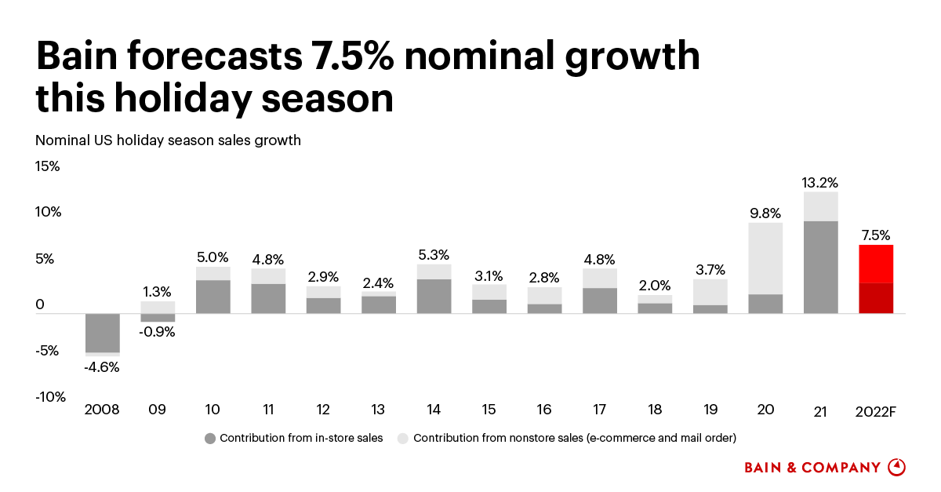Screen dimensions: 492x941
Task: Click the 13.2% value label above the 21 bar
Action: [820, 183]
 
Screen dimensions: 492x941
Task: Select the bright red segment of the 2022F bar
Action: [876, 264]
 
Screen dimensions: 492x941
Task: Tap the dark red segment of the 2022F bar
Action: [876, 298]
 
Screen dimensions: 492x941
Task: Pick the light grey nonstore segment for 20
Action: [765, 258]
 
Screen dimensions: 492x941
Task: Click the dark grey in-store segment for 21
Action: [820, 268]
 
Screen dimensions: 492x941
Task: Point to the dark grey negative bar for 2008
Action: [103, 333]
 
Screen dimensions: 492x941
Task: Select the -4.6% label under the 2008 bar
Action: [103, 366]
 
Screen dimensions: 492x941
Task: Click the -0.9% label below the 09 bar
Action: [158, 331]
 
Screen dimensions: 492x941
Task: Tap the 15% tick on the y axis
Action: [48, 166]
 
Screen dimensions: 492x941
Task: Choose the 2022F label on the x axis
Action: [876, 410]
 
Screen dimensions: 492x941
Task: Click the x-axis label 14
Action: [434, 410]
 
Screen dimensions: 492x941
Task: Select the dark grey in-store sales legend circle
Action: [209, 438]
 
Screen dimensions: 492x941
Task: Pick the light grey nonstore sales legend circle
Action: [403, 438]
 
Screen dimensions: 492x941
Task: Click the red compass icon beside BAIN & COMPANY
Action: [896, 467]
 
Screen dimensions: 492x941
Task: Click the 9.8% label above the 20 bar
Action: [765, 213]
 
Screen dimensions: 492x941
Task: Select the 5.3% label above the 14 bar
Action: [434, 255]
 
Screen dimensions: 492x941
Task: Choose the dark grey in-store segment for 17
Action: [600, 301]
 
